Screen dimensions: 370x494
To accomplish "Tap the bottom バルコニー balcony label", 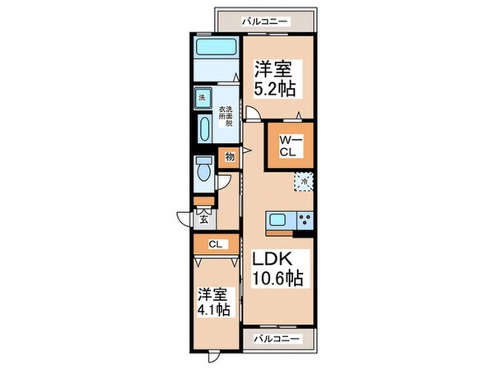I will (x=272, y=338).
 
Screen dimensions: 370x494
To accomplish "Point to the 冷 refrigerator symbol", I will (x=305, y=181).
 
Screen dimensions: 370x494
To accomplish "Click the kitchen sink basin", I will (x=277, y=220).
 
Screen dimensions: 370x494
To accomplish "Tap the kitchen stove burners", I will (x=305, y=220).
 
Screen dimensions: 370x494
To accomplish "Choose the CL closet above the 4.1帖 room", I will (x=214, y=244).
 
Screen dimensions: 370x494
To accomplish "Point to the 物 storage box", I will (x=229, y=156).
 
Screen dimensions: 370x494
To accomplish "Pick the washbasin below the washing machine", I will (x=203, y=127).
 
